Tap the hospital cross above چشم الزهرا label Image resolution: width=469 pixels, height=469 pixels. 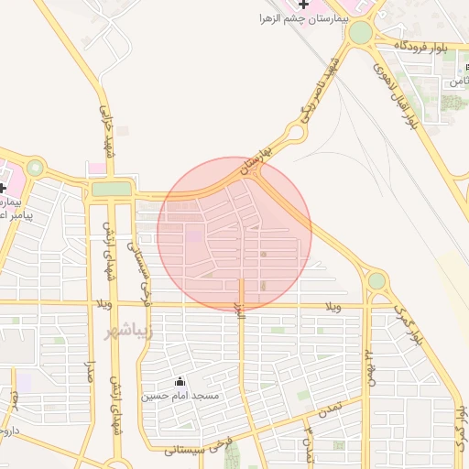303,5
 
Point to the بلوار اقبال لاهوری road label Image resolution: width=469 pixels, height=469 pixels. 396,93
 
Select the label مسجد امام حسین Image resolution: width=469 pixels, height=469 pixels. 180,396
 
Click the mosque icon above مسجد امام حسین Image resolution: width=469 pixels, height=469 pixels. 180,382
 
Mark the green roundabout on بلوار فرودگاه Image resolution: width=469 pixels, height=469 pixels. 361,33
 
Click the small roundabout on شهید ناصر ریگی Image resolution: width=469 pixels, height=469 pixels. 295,136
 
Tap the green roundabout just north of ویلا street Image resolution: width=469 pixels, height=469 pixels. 376,279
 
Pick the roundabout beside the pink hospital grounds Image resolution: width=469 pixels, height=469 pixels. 36,168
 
